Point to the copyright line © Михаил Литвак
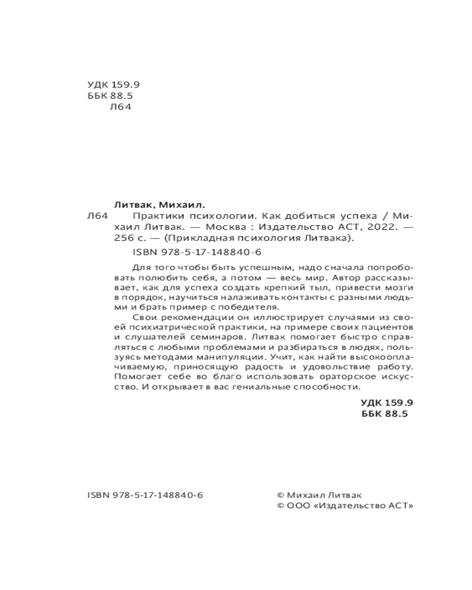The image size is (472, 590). pos(319,496)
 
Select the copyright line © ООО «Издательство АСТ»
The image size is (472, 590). pos(345,507)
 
